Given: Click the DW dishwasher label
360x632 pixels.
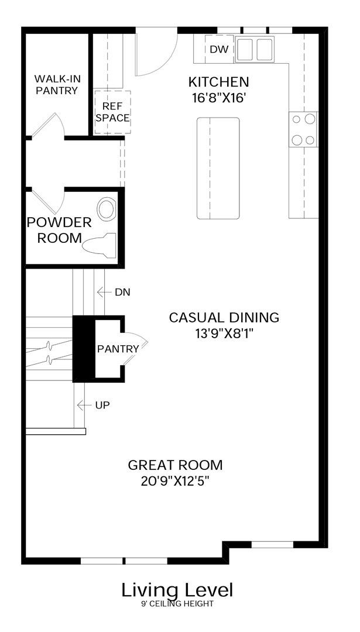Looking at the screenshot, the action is (219, 50).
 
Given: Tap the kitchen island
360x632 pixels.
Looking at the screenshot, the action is (218, 169).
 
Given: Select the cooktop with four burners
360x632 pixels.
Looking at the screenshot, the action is (304, 129).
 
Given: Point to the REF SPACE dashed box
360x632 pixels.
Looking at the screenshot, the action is (112, 112).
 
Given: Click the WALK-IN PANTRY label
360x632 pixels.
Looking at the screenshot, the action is (57, 85).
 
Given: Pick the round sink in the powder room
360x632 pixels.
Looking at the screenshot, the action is (107, 209).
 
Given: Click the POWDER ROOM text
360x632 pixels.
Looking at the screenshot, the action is (59, 230).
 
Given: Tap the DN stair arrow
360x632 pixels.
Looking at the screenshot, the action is (104, 292).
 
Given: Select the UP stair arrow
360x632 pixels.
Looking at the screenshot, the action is (84, 405).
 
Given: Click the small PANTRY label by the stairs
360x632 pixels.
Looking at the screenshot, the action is (118, 349).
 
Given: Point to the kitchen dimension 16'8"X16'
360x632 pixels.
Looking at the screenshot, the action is (219, 98).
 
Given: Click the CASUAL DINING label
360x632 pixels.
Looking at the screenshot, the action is (224, 318).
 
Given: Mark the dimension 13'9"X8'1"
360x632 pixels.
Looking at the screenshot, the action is (224, 334).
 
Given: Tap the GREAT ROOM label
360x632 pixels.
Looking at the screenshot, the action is (175, 465).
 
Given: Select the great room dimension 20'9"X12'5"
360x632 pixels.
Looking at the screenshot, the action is (176, 481).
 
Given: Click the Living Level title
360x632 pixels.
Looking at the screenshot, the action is (177, 590).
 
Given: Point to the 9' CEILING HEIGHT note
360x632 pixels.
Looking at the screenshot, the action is (177, 604).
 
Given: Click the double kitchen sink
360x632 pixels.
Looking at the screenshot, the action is (255, 50).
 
